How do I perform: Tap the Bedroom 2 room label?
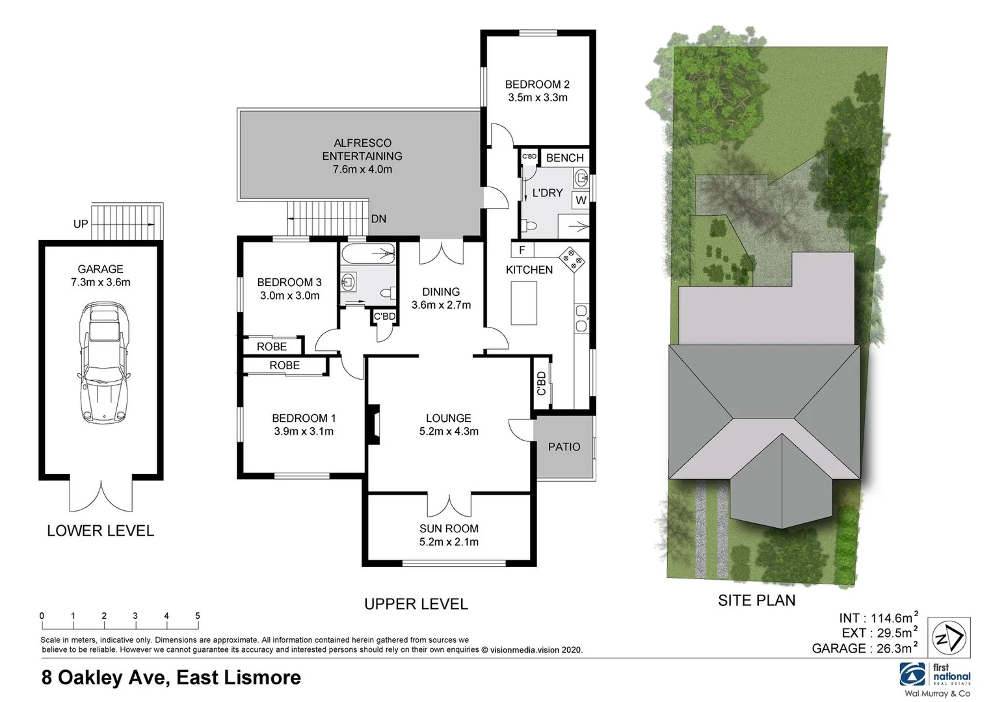(537, 84)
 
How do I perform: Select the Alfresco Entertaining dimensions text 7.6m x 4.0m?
(362, 170)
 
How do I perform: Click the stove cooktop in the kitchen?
(572, 257)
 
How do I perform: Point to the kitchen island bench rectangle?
(523, 303)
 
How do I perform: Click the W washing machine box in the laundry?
(580, 200)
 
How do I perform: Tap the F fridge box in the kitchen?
(522, 250)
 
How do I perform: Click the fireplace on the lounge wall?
(373, 425)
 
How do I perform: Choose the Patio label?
(564, 447)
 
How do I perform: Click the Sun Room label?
(449, 529)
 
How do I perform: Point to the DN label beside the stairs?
(378, 219)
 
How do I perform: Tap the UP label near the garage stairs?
(81, 224)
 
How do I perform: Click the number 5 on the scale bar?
(197, 616)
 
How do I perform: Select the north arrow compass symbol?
(949, 638)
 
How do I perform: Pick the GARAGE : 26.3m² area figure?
(864, 648)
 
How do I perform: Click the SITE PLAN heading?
(756, 601)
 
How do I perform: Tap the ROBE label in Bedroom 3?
(272, 346)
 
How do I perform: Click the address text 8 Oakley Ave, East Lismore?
(171, 678)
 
